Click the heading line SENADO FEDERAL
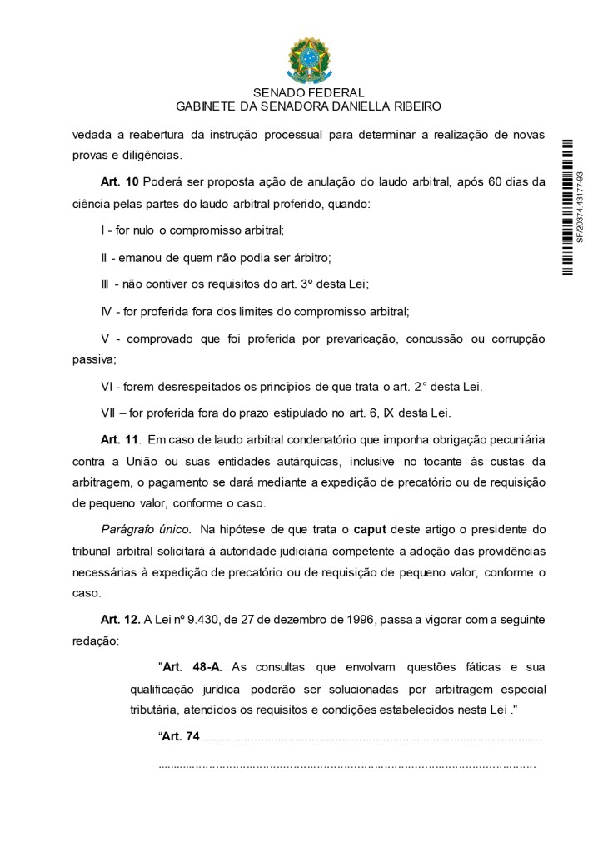point(308,93)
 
